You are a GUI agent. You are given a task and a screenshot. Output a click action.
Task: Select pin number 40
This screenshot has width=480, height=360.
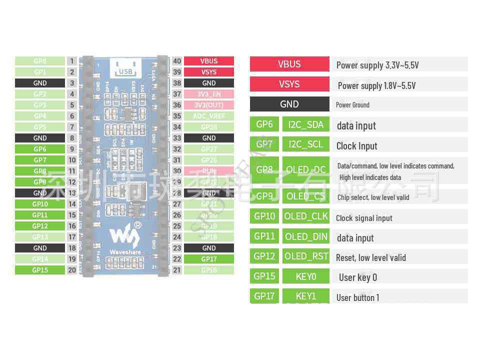point(177,61)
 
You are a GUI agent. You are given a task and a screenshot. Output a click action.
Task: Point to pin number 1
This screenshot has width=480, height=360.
point(72,61)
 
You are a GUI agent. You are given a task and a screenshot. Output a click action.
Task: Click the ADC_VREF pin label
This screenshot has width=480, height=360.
point(209,116)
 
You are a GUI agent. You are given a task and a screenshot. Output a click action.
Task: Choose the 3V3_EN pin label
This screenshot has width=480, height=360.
point(209,94)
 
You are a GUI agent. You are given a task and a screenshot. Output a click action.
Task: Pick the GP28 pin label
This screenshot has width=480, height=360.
point(209,127)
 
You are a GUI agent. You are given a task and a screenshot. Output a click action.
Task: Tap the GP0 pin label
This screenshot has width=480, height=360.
point(40,61)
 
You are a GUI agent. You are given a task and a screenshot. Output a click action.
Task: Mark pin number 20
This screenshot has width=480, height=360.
point(72,270)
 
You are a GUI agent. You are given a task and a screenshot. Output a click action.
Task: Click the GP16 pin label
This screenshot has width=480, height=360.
point(209,270)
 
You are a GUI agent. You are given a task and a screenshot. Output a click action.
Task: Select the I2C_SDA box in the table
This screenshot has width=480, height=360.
point(306,124)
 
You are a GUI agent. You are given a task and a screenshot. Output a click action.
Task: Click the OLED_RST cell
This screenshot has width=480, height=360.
point(306,256)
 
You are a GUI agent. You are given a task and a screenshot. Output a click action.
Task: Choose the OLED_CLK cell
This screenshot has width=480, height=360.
point(306,216)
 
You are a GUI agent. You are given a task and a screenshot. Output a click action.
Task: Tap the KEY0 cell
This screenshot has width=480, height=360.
point(306,276)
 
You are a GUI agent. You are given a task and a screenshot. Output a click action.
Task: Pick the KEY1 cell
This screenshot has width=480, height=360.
point(306,296)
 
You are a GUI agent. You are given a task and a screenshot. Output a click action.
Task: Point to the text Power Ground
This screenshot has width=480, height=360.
point(352,105)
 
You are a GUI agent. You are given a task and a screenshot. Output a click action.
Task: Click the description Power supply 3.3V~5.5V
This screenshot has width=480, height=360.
point(377,65)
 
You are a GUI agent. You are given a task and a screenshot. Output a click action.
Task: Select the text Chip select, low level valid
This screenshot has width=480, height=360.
point(373,197)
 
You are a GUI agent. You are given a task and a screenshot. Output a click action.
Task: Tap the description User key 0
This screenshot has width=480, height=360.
point(358,277)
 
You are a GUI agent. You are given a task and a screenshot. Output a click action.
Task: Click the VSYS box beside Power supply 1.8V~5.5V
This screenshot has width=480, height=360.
point(289,84)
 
